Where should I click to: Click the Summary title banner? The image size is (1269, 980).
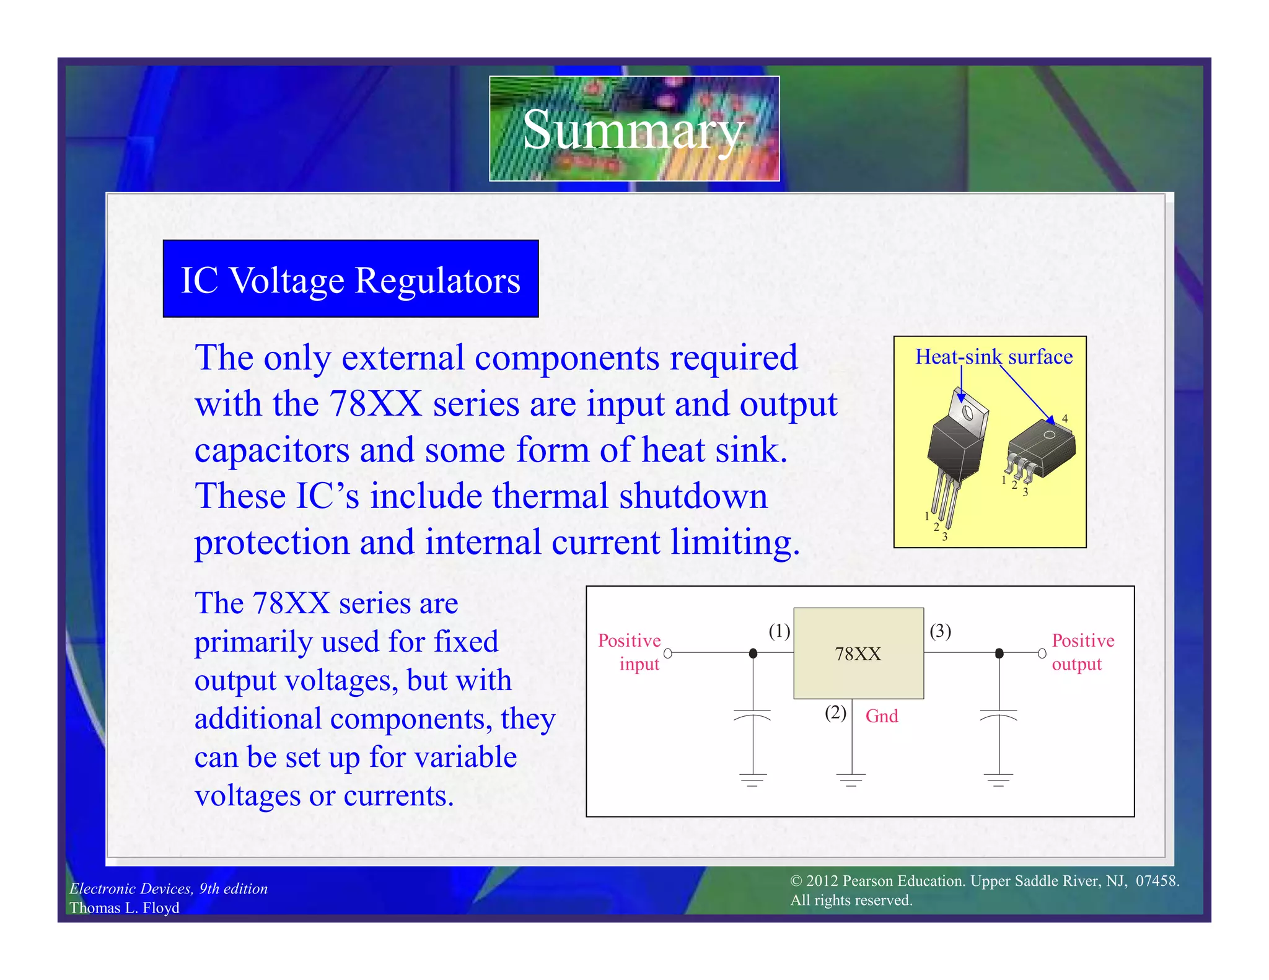point(634,129)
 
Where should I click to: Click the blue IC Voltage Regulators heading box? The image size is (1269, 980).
point(351,279)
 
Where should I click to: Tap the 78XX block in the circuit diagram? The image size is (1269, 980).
point(858,654)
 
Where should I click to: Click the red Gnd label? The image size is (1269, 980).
point(881,716)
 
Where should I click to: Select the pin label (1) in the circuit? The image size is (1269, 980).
point(779,631)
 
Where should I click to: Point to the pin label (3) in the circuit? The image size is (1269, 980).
point(940,631)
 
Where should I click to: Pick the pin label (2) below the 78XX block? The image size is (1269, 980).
point(835,712)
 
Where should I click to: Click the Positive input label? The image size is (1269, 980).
point(630,652)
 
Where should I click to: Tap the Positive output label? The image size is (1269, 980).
point(1082,652)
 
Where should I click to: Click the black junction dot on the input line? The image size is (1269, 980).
point(753,654)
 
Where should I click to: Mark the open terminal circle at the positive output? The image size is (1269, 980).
point(1042,654)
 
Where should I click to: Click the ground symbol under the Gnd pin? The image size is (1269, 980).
point(851,779)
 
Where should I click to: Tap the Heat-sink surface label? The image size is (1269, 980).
point(994,357)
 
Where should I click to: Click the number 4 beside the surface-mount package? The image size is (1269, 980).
point(1065,419)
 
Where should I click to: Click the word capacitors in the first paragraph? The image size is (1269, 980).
point(271,450)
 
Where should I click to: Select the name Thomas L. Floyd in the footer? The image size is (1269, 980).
point(125,908)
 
